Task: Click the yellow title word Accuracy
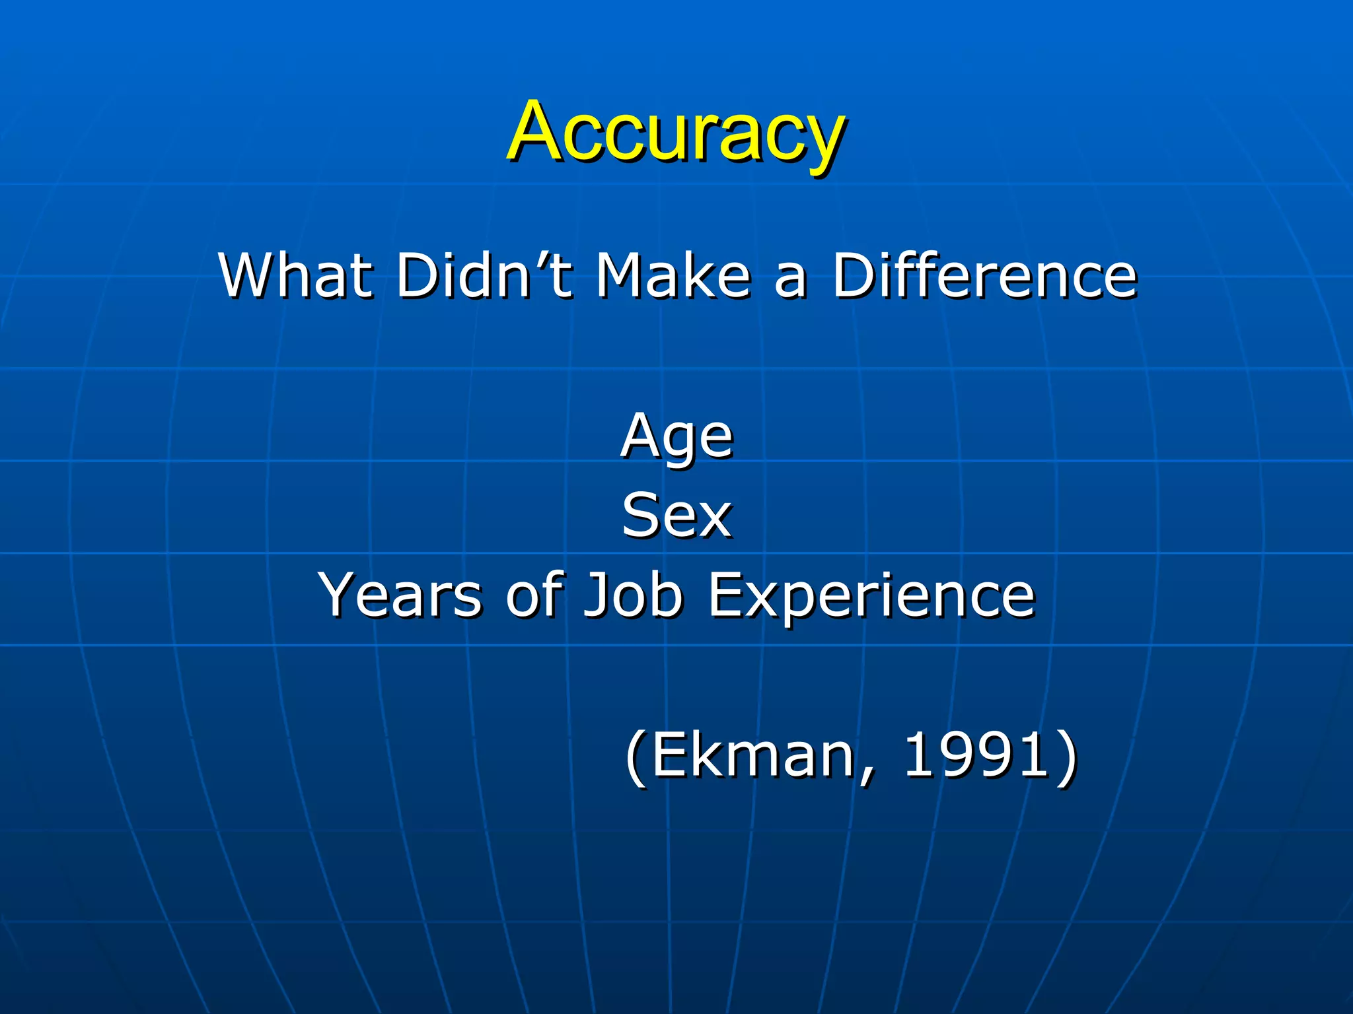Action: pos(676,132)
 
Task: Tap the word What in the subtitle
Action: pos(295,275)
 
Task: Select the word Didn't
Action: pos(484,275)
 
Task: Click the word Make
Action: pos(673,275)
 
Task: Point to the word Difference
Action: pos(984,275)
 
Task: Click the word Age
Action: pos(676,437)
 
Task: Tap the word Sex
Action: pos(676,516)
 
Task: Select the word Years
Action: pos(400,595)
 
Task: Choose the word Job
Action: pos(633,595)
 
